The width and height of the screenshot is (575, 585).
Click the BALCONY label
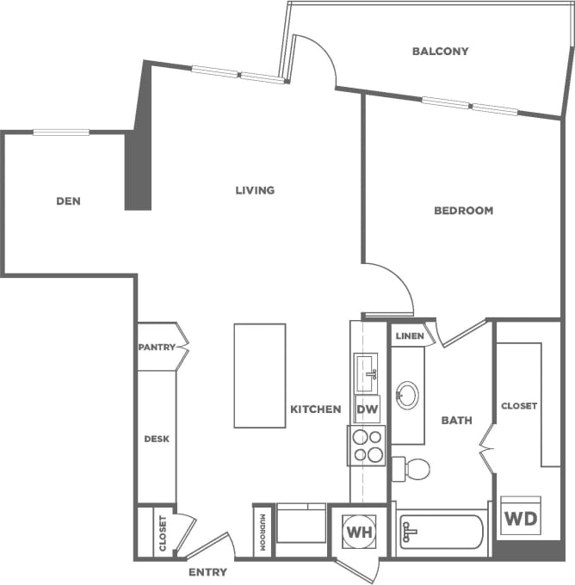pos(440,51)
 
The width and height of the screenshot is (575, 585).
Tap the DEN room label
pos(68,201)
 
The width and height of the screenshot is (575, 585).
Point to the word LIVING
pos(255,190)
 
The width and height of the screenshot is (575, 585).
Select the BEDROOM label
pos(463,210)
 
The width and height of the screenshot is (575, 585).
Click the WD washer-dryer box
pos(521,517)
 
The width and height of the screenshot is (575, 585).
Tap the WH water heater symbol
pos(358,531)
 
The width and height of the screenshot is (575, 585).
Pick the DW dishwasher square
pos(368,409)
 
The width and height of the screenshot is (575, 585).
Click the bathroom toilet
pos(411,469)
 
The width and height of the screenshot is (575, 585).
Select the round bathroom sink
pos(407,396)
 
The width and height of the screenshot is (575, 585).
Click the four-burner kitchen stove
pos(368,446)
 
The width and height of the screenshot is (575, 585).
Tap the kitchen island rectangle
pos(260,375)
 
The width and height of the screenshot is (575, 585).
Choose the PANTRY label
pos(157,348)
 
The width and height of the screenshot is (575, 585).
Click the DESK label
pos(156,439)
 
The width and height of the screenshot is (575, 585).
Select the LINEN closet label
pos(410,336)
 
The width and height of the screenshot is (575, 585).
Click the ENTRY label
pos(207,572)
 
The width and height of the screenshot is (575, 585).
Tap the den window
pos(61,132)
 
